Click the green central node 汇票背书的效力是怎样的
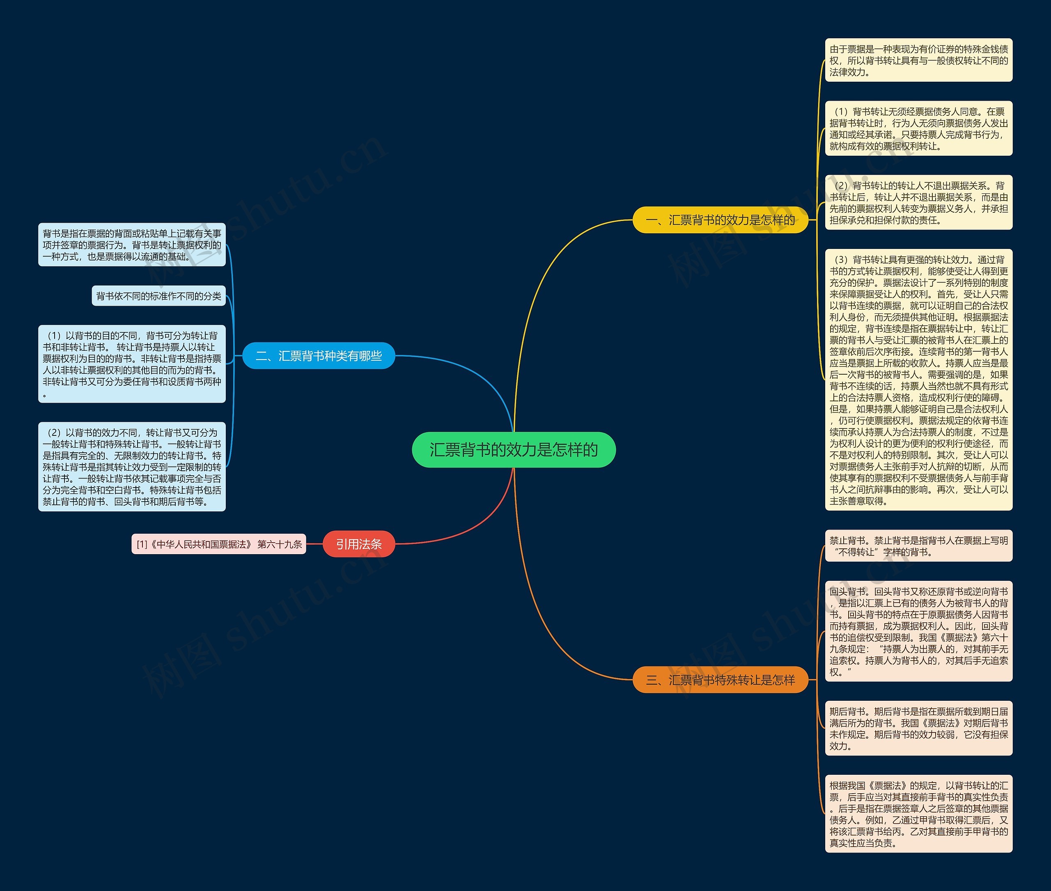point(513,449)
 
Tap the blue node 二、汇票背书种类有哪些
point(319,356)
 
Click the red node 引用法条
point(358,544)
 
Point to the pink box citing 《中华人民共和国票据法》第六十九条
point(218,544)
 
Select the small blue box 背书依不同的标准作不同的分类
point(158,296)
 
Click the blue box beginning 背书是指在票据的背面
point(132,245)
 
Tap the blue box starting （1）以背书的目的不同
point(132,364)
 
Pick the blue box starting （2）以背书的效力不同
point(132,467)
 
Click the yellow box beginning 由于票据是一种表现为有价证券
point(918,60)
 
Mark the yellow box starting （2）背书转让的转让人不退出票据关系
point(918,203)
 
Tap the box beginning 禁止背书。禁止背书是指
point(918,546)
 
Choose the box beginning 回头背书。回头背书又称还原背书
point(918,631)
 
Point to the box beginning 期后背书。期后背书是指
point(918,728)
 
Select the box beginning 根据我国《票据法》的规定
point(918,814)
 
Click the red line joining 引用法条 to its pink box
point(314,544)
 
